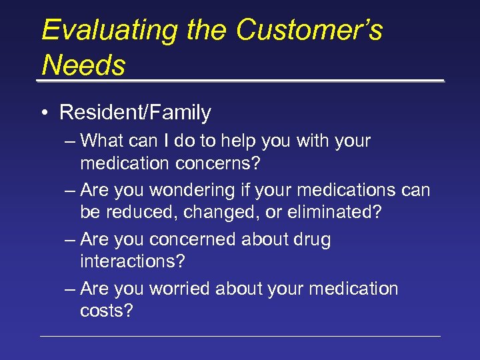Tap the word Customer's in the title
click(309, 31)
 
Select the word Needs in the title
click(83, 65)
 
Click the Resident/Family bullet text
click(135, 113)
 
